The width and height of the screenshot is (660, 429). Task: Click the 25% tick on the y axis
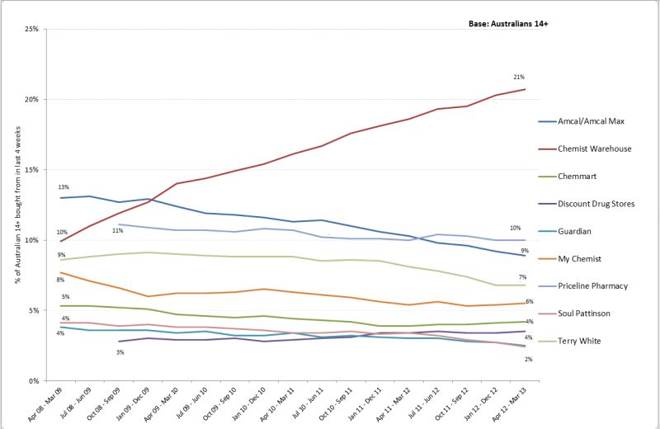[x=34, y=29]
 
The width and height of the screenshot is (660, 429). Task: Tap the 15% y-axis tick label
[x=34, y=170]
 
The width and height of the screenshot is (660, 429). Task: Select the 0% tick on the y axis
[x=35, y=381]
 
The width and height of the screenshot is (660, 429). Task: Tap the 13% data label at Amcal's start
[x=63, y=187]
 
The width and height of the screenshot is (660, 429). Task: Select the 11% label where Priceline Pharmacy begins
[x=118, y=231]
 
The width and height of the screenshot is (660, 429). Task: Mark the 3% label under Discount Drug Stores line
[x=120, y=352]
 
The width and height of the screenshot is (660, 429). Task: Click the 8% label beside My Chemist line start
[x=61, y=280]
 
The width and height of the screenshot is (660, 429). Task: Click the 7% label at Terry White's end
[x=523, y=276]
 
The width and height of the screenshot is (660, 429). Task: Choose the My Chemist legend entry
[x=582, y=257]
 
